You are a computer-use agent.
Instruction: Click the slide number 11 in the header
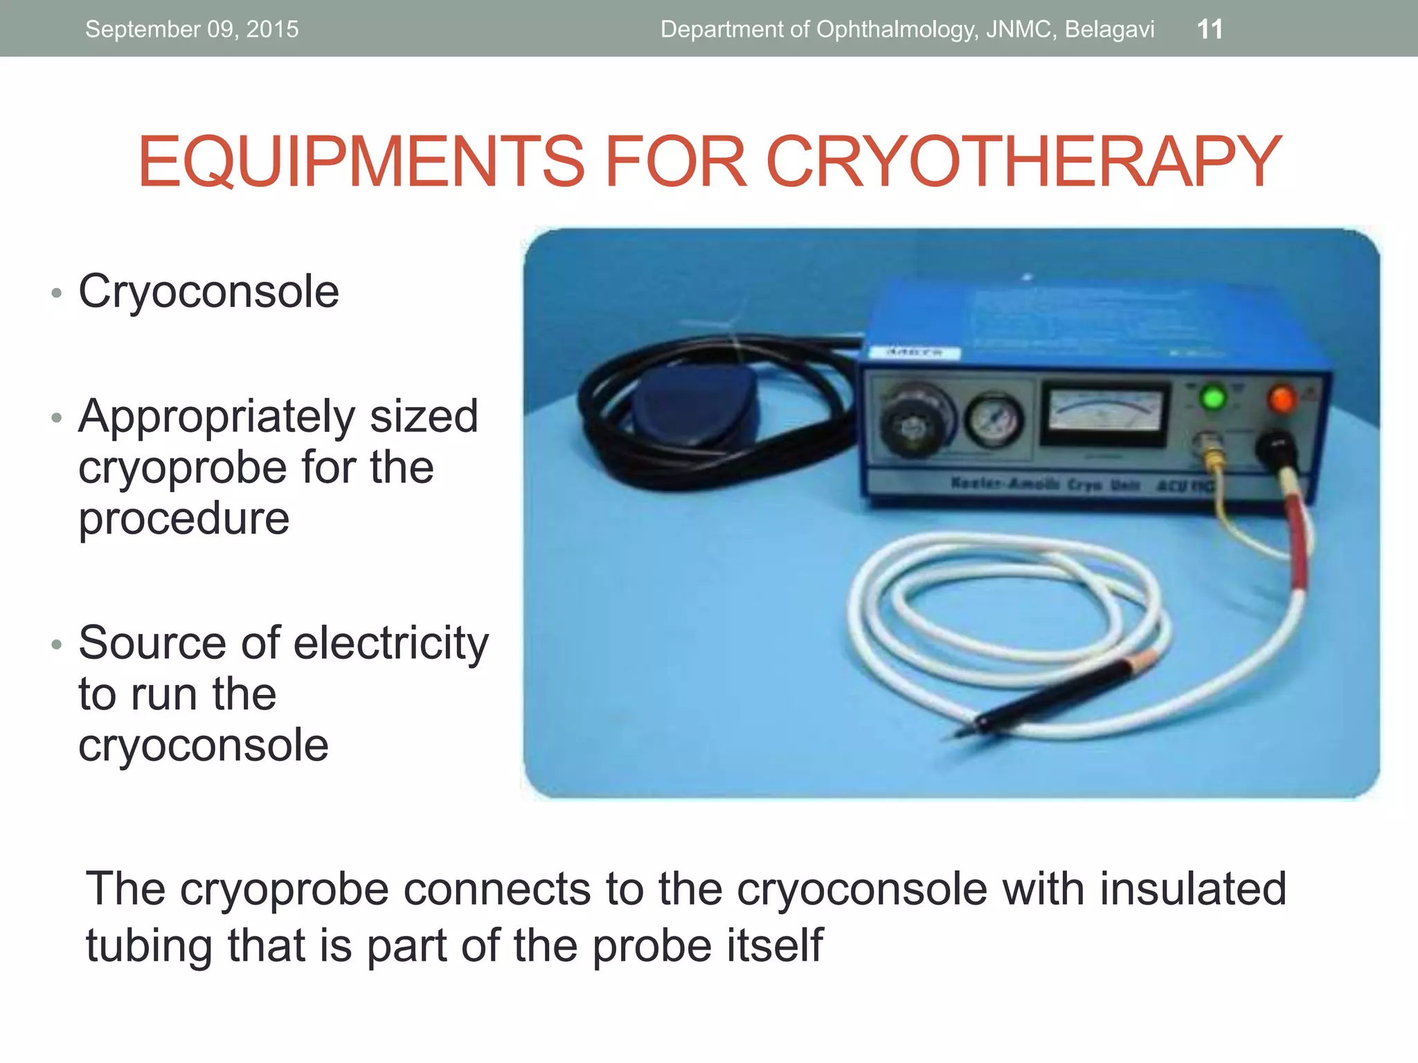tap(1210, 29)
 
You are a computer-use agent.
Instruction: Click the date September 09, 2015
tap(192, 29)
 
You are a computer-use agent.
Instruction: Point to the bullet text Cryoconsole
tap(208, 291)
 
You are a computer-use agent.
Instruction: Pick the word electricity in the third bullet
tap(391, 644)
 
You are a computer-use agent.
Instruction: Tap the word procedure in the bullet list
tap(183, 518)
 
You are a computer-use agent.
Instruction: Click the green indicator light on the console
tap(1212, 398)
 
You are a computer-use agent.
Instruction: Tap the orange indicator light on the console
tap(1282, 399)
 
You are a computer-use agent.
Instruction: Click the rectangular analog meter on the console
tap(1105, 413)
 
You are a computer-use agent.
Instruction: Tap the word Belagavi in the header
tap(1110, 29)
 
